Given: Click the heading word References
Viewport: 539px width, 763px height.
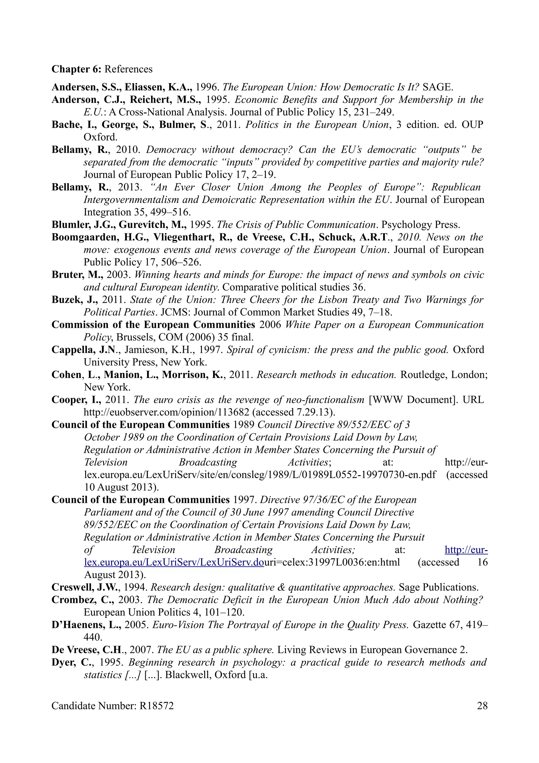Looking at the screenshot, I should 128,69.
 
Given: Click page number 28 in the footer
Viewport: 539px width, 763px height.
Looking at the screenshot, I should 482,706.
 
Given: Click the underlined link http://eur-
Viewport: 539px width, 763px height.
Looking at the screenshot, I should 466,550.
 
